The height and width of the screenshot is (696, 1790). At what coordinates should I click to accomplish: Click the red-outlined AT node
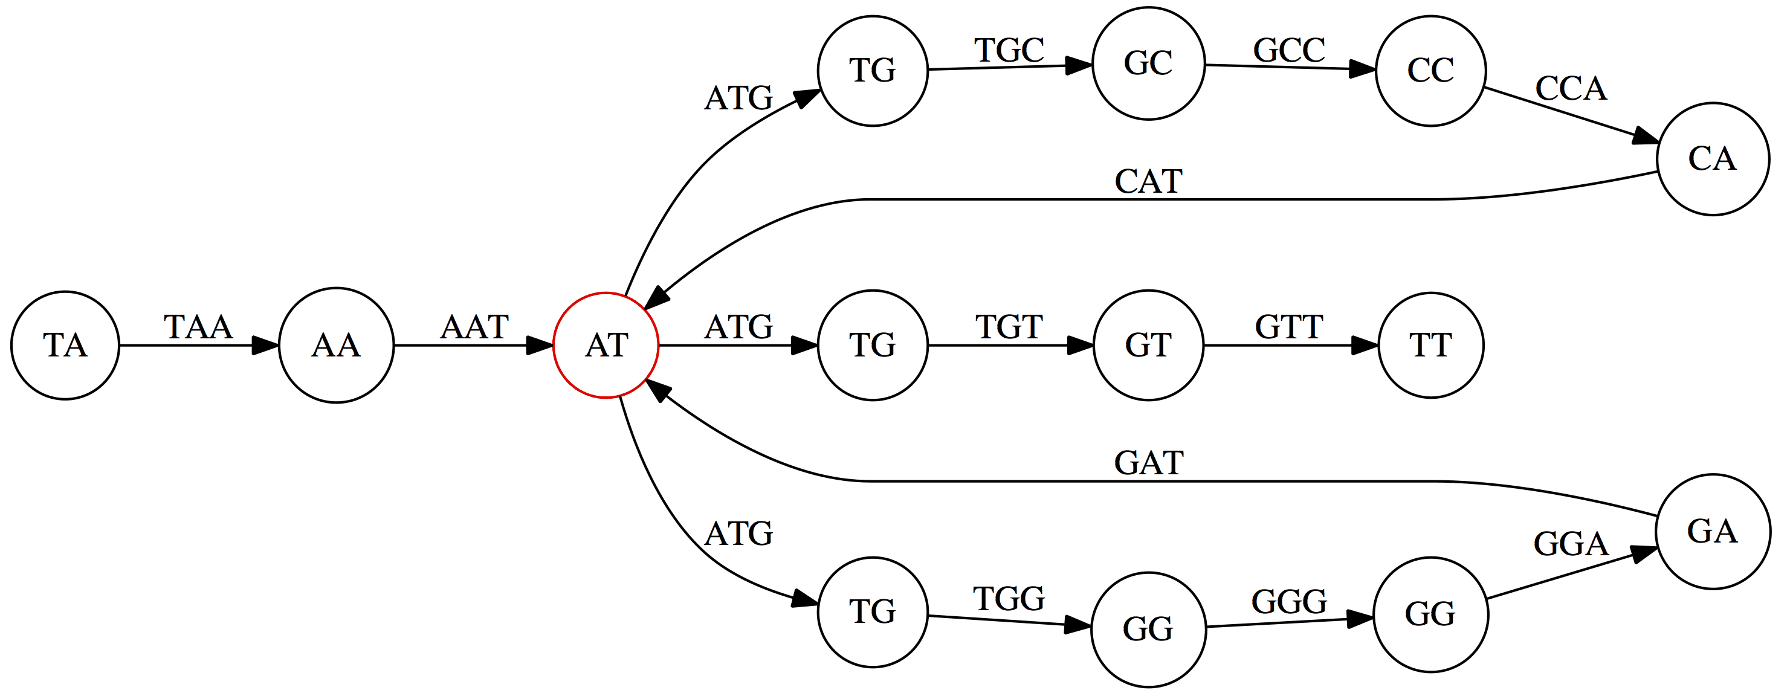tap(606, 345)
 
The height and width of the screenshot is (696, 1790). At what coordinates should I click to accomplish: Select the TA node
tap(65, 345)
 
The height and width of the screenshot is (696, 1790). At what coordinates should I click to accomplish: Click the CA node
tap(1712, 159)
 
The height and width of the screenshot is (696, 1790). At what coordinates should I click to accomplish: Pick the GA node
tap(1712, 532)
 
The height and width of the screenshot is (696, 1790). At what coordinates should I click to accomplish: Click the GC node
tap(1148, 64)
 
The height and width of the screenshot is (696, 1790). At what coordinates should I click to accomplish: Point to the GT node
tap(1148, 345)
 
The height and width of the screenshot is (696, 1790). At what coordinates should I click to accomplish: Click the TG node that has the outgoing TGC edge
tap(872, 71)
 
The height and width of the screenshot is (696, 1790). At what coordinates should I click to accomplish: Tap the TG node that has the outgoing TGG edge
tap(872, 612)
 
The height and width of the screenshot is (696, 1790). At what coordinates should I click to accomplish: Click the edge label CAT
tap(1148, 182)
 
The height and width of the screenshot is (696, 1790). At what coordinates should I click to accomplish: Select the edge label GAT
tap(1148, 463)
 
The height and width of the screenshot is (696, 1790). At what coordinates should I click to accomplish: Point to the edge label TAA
tap(198, 327)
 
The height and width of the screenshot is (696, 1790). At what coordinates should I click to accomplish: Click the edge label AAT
tap(474, 327)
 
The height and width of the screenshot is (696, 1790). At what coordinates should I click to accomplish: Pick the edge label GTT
tap(1289, 327)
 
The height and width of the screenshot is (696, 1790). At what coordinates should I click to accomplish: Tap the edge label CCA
tap(1571, 89)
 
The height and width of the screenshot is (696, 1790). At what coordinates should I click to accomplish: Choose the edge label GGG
tap(1289, 602)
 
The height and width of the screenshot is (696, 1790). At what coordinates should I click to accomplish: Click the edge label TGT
tap(1009, 327)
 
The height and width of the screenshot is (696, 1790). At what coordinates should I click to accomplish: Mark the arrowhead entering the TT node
tap(1365, 345)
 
